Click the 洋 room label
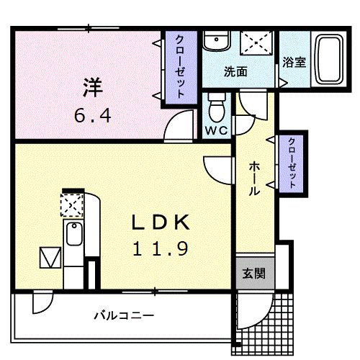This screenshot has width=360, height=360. (x=91, y=89)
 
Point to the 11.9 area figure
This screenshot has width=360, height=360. (x=160, y=249)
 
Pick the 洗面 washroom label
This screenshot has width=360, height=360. (x=235, y=72)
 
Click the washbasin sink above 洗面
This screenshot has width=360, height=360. (x=215, y=42)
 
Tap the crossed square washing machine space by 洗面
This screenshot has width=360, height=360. (x=256, y=42)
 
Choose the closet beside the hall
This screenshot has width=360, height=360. (x=292, y=163)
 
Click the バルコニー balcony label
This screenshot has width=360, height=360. (x=124, y=315)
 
